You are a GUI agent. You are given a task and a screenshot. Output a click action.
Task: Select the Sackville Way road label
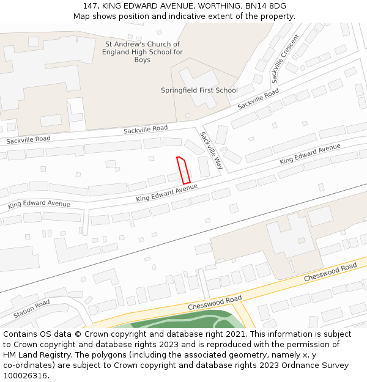coord(211,150)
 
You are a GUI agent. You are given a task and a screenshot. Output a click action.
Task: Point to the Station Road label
coord(32,309)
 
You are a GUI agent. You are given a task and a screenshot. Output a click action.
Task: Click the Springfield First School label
coord(199,90)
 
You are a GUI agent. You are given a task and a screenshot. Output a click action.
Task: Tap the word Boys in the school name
coord(143,60)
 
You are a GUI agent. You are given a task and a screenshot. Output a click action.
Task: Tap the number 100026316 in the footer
coord(24,375)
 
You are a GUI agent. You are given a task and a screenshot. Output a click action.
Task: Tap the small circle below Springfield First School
coord(188,115)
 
